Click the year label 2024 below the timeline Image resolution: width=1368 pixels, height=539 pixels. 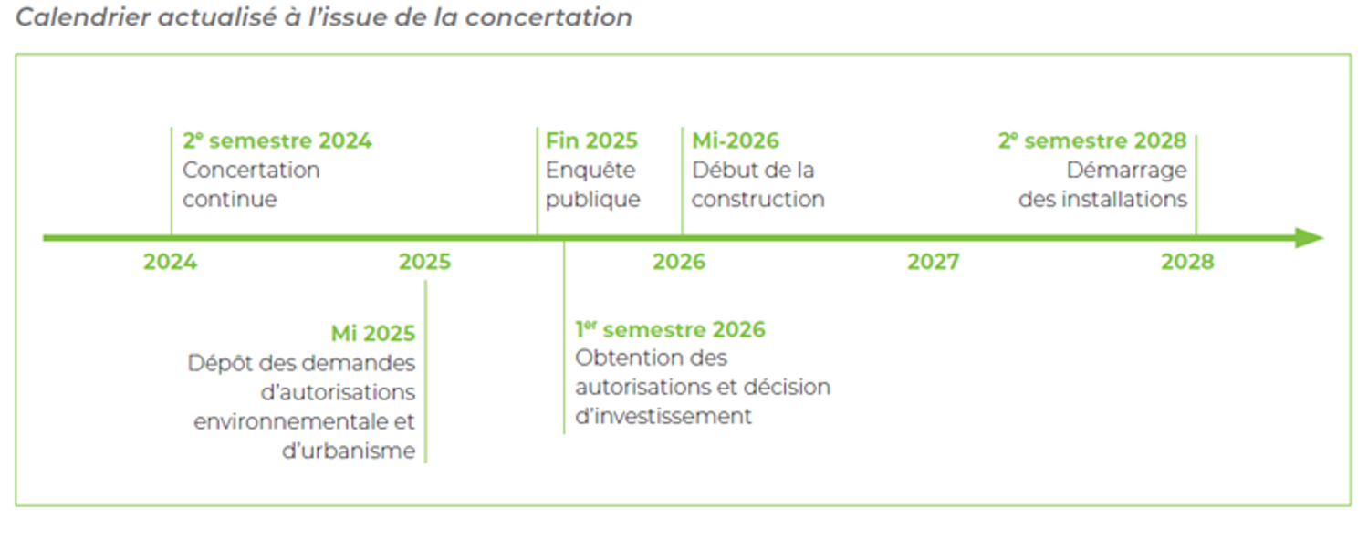click(x=171, y=262)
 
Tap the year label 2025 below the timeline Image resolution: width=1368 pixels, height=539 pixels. click(x=425, y=262)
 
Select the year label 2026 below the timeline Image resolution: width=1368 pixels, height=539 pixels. click(x=679, y=262)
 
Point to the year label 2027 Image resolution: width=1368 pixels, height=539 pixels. click(x=934, y=262)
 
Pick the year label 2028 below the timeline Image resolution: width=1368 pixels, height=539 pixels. click(x=1188, y=262)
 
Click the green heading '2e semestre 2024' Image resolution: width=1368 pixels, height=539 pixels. click(x=277, y=141)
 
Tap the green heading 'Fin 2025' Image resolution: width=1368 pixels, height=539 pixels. click(x=591, y=141)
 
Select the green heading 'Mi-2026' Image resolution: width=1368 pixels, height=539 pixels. click(x=736, y=141)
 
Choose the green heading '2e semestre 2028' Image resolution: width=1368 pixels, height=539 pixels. click(x=1092, y=141)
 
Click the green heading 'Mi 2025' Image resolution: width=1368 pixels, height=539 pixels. click(x=373, y=334)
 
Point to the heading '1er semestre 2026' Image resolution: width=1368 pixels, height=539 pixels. click(x=670, y=329)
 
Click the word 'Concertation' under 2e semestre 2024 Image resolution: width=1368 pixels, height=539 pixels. click(x=251, y=170)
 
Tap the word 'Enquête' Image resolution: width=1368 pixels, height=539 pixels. click(x=590, y=170)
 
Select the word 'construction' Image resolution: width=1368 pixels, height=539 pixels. click(x=757, y=200)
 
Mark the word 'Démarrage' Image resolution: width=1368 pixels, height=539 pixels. click(x=1127, y=171)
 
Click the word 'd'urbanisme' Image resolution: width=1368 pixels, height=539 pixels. click(x=349, y=451)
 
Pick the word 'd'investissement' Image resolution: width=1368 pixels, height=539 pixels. click(x=663, y=416)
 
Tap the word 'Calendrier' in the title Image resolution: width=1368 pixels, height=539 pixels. click(x=83, y=17)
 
